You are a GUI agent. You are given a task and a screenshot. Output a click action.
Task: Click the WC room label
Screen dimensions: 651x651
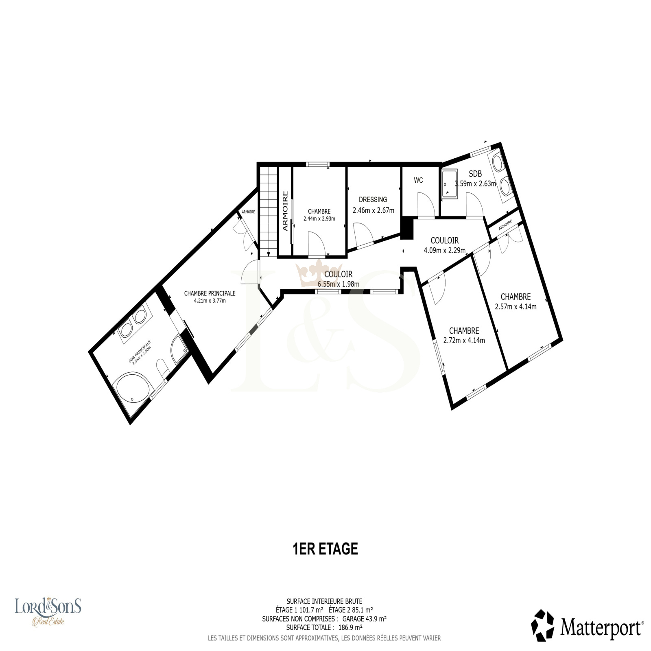click(418, 180)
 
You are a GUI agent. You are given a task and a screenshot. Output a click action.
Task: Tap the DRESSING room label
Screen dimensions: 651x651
click(373, 200)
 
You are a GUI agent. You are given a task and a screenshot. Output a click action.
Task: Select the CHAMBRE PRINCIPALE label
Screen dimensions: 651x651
click(210, 293)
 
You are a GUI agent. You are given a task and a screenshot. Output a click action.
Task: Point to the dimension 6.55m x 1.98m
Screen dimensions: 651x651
click(339, 284)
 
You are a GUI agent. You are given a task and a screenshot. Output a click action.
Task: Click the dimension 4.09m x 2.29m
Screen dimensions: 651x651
click(445, 250)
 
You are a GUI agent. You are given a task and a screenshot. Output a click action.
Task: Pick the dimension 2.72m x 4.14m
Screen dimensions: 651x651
click(464, 341)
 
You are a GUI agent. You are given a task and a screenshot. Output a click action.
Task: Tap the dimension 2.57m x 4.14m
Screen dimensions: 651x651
click(516, 306)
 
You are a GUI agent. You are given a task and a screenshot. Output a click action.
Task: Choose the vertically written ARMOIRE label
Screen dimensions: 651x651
click(285, 211)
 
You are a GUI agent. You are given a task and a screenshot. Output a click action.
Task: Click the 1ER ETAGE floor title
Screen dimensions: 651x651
click(325, 549)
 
